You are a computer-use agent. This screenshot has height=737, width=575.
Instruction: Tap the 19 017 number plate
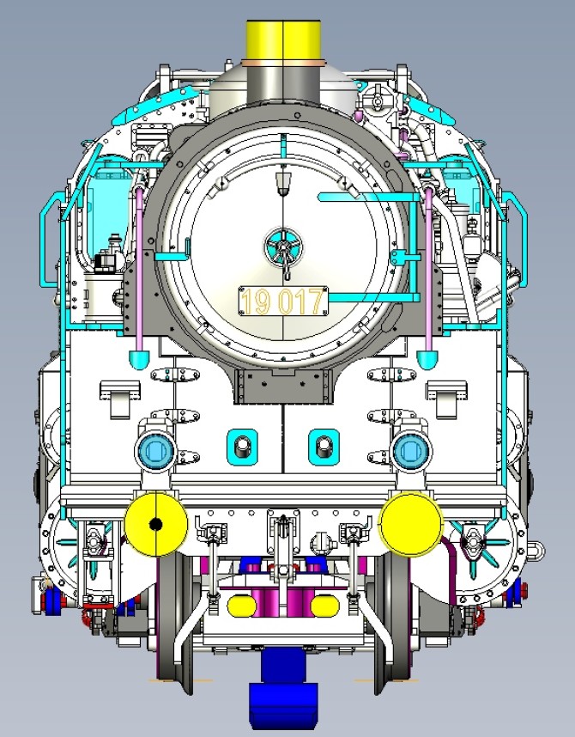point(283,301)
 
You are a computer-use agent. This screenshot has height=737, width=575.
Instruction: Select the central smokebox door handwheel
point(283,247)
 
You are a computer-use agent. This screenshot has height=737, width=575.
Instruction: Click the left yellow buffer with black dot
point(156,524)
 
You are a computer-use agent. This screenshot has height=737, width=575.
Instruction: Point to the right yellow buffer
point(411,523)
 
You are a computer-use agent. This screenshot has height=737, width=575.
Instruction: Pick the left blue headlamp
point(155,451)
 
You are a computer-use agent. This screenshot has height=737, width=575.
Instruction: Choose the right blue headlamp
point(411,451)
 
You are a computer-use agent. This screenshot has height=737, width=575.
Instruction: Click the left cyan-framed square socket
point(242,447)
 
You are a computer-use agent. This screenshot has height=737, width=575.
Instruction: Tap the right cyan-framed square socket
point(324,447)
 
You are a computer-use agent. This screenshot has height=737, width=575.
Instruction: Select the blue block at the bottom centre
point(283,689)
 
